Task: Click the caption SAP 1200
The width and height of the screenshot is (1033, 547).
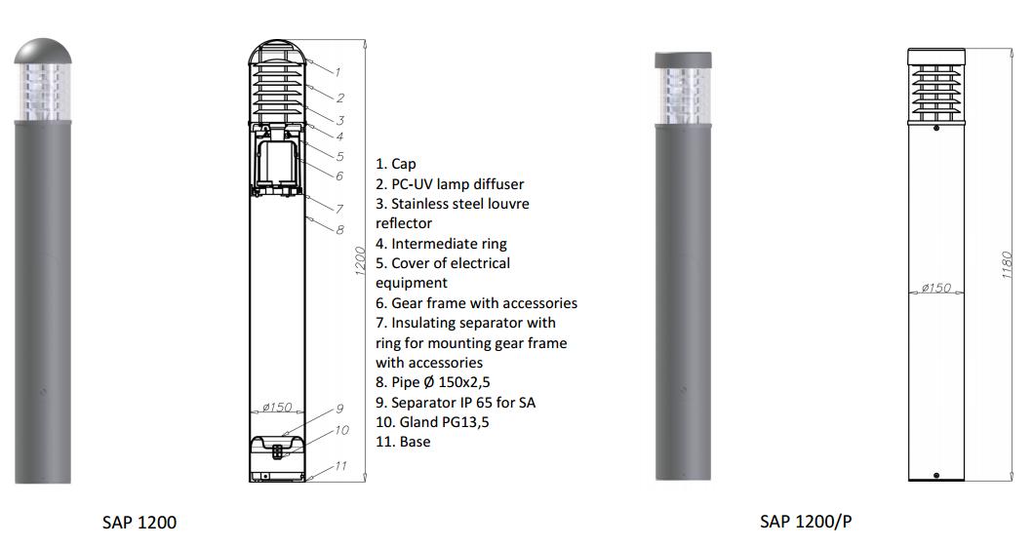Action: [x=139, y=523]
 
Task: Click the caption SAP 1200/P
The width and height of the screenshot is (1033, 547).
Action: [x=806, y=522]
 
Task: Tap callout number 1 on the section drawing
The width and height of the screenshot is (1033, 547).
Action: [x=338, y=72]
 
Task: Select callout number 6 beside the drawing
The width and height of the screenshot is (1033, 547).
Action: [x=338, y=176]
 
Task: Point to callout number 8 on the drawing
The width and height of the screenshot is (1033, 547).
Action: [x=339, y=230]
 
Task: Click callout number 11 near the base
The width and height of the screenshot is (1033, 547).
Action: [x=339, y=466]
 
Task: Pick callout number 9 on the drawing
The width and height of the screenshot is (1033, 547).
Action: [x=339, y=409]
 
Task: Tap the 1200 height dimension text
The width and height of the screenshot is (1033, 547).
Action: [x=360, y=260]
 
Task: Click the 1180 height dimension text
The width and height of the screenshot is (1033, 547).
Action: [x=1006, y=264]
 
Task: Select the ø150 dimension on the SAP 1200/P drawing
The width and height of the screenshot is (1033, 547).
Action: [x=936, y=288]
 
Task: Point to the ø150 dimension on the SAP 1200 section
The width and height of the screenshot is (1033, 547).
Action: [x=277, y=407]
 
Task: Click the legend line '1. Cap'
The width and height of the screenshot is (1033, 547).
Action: [x=396, y=164]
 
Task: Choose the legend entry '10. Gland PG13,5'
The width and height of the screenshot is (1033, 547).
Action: [x=432, y=422]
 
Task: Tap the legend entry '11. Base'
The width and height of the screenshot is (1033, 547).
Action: [x=403, y=442]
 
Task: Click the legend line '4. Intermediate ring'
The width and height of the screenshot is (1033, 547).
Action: [x=442, y=244]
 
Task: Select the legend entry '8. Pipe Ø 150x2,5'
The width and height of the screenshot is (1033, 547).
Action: [x=433, y=382]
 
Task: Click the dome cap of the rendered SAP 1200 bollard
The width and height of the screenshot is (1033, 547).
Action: [x=43, y=52]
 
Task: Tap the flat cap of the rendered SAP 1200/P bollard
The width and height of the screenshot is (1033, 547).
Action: [x=683, y=59]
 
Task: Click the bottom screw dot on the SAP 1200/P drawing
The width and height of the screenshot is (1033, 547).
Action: [x=936, y=475]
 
